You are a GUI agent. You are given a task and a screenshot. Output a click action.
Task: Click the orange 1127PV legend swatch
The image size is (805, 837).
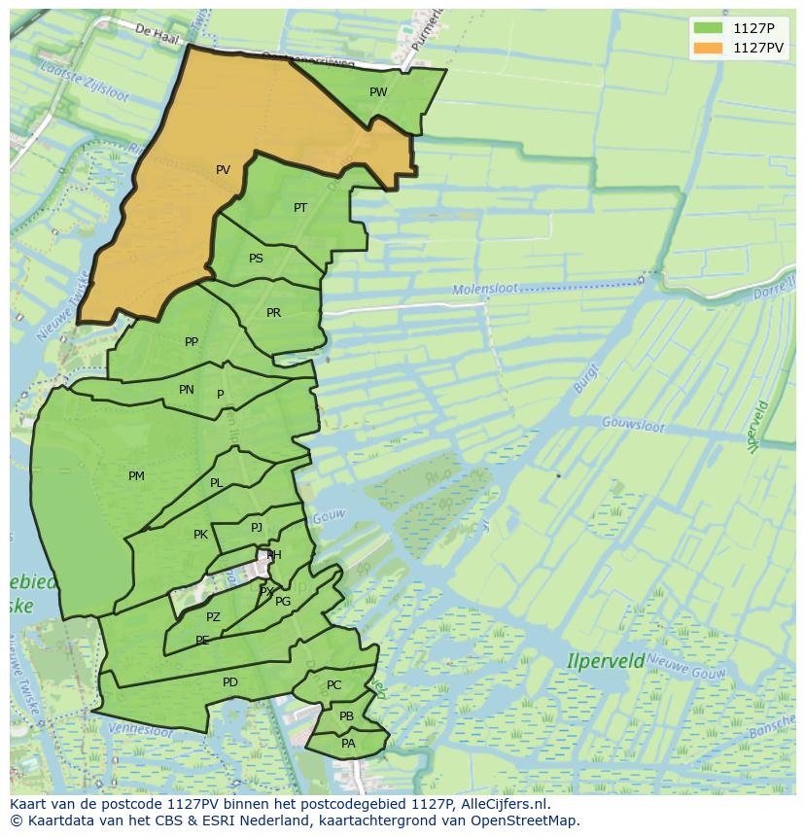point(709,48)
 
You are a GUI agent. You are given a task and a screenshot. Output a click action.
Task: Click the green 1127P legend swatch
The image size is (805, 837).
point(709,27)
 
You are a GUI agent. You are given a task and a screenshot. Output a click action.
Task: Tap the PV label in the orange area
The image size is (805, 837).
point(223,170)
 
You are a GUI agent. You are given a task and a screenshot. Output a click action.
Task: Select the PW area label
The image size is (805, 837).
point(378,92)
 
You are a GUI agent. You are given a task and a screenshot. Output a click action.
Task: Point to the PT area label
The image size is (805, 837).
point(300,208)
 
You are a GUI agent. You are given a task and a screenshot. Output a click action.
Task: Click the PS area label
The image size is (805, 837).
point(256,259)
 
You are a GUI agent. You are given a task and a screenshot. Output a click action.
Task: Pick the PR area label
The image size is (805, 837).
point(273,313)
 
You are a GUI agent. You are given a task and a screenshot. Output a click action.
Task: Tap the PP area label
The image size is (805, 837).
point(192,342)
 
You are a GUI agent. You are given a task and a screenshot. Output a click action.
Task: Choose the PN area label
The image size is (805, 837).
point(187,390)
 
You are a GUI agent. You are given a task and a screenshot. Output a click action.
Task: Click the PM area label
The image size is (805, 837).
point(136,476)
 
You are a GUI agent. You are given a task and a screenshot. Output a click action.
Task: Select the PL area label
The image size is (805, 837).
point(216,483)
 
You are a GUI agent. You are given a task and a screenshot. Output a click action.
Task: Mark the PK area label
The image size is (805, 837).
point(200,535)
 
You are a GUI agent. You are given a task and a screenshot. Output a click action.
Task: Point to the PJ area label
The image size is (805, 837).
point(257,528)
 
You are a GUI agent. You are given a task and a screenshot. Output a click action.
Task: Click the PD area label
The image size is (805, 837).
point(229,682)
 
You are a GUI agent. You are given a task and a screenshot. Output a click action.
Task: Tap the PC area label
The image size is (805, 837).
point(333,685)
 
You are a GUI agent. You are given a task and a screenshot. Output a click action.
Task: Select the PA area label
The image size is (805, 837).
point(348,744)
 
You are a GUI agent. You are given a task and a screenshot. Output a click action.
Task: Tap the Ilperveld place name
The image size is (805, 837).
point(606,661)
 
